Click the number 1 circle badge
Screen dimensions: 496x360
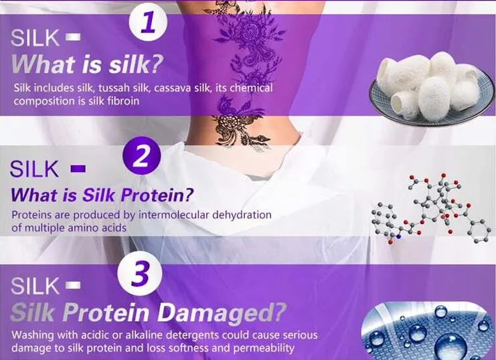[x=148, y=22]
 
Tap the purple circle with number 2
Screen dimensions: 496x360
[x=141, y=156]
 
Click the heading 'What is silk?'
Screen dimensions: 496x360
[x=87, y=64]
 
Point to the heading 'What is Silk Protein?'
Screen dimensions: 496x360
[x=102, y=195]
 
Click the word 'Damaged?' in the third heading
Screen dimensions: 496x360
[x=222, y=312]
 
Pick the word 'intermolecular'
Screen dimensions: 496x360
[x=173, y=215]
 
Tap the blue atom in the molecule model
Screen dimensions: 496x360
[x=398, y=236]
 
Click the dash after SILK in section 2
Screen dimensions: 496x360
[x=78, y=169]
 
